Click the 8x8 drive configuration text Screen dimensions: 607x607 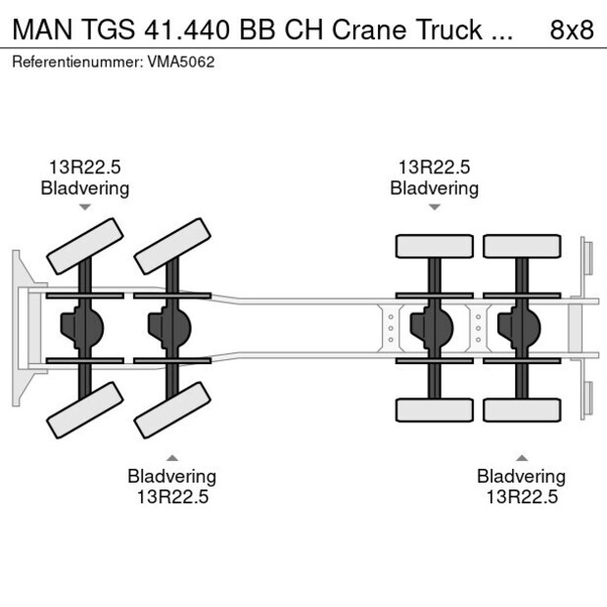(x=572, y=29)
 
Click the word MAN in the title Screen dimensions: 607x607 (x=36, y=29)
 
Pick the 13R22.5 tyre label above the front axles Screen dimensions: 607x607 (x=85, y=167)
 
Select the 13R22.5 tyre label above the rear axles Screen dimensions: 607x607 (x=435, y=167)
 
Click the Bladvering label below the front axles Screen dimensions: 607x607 (x=171, y=477)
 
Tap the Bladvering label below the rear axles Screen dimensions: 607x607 (x=522, y=477)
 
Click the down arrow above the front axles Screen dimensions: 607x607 (x=85, y=208)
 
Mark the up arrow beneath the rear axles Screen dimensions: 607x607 (x=522, y=457)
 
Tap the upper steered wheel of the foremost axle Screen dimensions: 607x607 (x=86, y=246)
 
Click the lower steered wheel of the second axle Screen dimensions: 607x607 (x=173, y=409)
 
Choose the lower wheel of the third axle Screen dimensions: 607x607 (x=434, y=409)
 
